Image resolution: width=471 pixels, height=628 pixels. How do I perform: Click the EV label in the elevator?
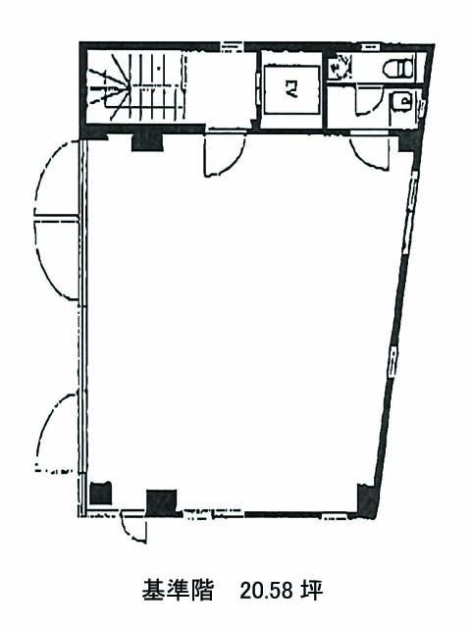[291, 89]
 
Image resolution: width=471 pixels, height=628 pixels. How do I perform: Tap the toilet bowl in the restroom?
[398, 68]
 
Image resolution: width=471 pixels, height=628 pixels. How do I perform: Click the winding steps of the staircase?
[109, 88]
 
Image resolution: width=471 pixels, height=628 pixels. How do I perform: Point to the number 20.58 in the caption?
[266, 591]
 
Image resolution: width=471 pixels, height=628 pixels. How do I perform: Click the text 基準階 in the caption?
[178, 591]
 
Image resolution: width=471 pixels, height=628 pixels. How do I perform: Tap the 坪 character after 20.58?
[312, 591]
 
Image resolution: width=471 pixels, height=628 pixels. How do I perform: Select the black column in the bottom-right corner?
[367, 501]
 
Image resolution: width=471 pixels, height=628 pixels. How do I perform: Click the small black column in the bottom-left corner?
[100, 494]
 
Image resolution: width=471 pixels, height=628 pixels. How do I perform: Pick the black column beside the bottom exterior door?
[161, 502]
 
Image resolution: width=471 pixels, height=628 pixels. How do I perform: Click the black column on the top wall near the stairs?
[147, 142]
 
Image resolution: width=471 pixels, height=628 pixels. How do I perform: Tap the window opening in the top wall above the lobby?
[232, 46]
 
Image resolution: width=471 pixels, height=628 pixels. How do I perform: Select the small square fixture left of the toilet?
[340, 67]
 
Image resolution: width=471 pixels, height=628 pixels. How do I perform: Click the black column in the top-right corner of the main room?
[407, 143]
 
